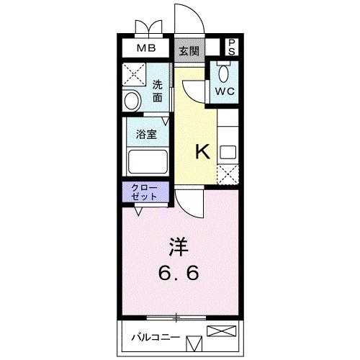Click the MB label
(146, 48)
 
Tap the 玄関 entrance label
(189, 51)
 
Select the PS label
(232, 48)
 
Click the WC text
(225, 91)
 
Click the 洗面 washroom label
(158, 91)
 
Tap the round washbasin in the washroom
(132, 102)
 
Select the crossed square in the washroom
(134, 74)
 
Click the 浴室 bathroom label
(146, 135)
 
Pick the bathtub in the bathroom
(148, 161)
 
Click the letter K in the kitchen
(203, 151)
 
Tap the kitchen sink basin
(228, 152)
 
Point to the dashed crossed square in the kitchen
(228, 174)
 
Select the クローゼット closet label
(144, 193)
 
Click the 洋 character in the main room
(179, 247)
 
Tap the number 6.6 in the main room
(179, 273)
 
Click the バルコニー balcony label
(156, 338)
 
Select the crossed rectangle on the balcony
(221, 331)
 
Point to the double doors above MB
(148, 27)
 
